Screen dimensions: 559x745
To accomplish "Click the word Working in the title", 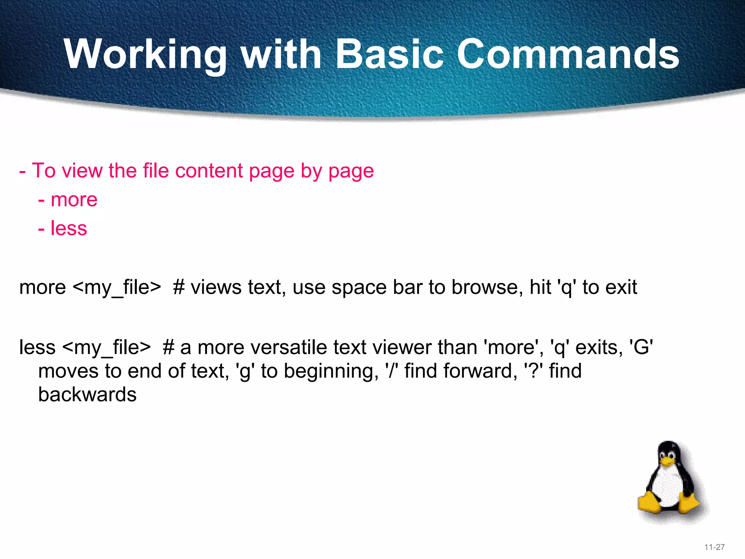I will [x=146, y=55].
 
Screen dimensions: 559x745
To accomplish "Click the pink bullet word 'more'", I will [x=74, y=200].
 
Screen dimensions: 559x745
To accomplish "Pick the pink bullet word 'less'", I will [x=69, y=229].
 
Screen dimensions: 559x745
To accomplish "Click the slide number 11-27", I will [x=714, y=547].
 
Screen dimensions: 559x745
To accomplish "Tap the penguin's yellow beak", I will [x=667, y=462].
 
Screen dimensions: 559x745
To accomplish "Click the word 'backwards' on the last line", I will [x=87, y=395].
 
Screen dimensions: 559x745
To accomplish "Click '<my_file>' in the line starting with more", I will [x=117, y=288].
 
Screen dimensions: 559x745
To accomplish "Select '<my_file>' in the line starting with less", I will [x=106, y=348].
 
